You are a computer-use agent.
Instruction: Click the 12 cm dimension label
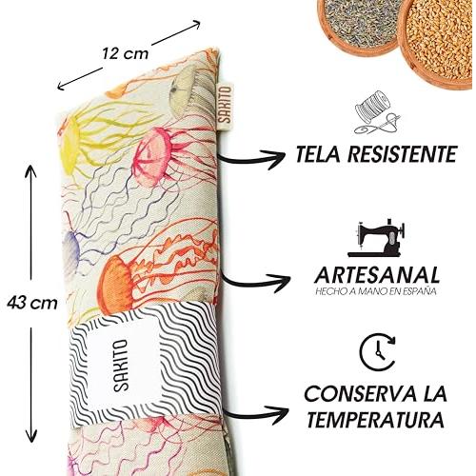pos(125,53)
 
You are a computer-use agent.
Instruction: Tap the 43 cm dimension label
pos(32,303)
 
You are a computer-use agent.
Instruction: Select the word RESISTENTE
pos(402,154)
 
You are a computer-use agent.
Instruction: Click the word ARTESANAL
pos(377,275)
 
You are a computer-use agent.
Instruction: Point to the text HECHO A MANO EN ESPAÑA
pos(376,291)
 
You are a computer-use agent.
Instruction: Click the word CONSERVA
pos(360,394)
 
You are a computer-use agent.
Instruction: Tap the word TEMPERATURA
pos(375,420)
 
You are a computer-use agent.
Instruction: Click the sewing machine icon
pos(377,238)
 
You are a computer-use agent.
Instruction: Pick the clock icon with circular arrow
pos(378,352)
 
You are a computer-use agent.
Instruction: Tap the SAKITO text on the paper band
pos(121,365)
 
